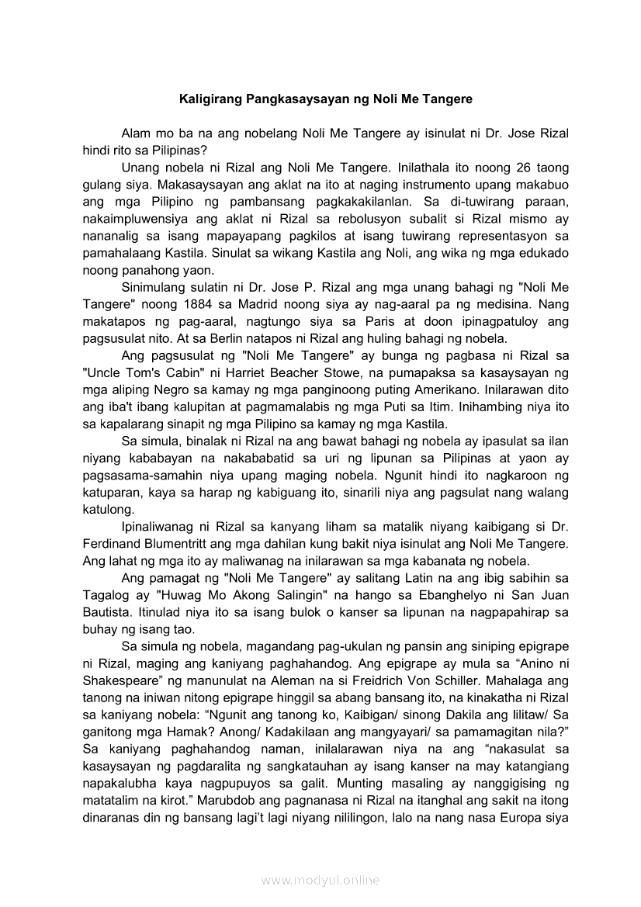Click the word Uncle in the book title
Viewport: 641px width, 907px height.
tap(104, 372)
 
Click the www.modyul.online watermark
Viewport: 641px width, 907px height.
tap(320, 880)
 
